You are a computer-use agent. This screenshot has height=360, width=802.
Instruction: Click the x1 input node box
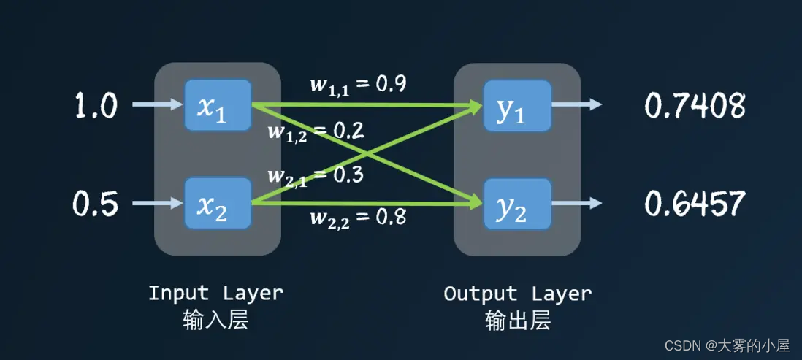tap(218, 106)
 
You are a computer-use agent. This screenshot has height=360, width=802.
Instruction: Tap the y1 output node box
tap(517, 106)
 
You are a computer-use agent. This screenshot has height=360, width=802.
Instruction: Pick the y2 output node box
tap(517, 202)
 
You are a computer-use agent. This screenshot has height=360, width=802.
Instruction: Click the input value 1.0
tap(95, 107)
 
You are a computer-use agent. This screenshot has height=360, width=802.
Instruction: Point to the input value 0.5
tap(95, 204)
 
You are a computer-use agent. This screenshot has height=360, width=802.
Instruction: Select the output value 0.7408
tap(694, 107)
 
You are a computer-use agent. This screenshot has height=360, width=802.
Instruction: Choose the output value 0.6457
tap(694, 204)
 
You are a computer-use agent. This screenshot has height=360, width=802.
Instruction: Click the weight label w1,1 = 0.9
tap(358, 84)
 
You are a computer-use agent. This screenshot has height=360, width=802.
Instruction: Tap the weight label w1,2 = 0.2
tap(316, 131)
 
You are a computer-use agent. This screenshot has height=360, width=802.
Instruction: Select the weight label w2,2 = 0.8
tap(358, 216)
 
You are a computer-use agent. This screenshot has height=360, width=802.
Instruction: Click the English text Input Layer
tap(215, 294)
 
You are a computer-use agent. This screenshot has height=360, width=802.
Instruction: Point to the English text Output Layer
tap(517, 294)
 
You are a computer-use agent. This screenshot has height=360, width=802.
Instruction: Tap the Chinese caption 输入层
tap(215, 320)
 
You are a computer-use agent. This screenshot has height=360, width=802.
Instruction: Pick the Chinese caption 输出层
tap(517, 320)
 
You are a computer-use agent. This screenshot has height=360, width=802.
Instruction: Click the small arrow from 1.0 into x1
tap(156, 105)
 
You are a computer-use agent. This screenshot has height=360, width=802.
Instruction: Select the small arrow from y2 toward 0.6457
tap(577, 202)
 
